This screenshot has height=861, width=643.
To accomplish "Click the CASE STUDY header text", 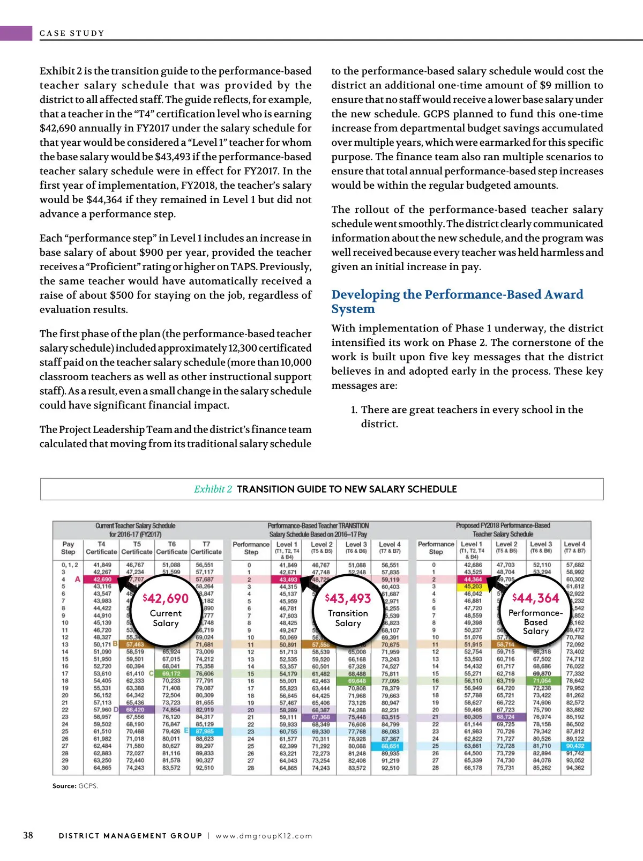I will tap(72, 33).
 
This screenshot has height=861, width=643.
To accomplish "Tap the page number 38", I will tap(28, 835).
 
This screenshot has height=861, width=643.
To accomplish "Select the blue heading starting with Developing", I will tap(457, 301).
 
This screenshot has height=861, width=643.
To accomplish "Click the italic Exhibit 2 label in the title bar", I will tap(213, 489).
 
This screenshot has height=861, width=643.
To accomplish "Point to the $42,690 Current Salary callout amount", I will tap(166, 598).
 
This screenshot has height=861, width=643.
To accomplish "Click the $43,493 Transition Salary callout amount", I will tap(348, 598).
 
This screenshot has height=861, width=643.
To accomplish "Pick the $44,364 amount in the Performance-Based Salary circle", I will tap(535, 598).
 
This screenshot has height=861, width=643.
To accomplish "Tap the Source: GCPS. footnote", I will tap(75, 786).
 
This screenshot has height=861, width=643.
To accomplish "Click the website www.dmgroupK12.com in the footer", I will tap(264, 836).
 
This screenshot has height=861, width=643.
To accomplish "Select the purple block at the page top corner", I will tap(16, 33).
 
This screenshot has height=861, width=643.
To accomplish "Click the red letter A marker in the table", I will tap(78, 580).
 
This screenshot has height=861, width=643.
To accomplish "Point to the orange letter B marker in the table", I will tap(115, 643).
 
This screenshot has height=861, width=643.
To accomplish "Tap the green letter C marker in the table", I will tap(151, 673).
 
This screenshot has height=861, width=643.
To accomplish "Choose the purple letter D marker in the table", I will tap(116, 709).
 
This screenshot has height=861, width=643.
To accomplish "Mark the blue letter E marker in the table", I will tap(186, 730).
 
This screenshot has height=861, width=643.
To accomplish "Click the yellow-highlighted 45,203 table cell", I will tap(473, 587).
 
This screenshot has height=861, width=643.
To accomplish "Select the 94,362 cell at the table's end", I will tap(575, 768).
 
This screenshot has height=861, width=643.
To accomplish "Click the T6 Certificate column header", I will tap(171, 548).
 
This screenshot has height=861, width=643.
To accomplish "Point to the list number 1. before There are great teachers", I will tap(354, 410).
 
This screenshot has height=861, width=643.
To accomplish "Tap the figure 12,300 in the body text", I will tap(244, 348).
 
